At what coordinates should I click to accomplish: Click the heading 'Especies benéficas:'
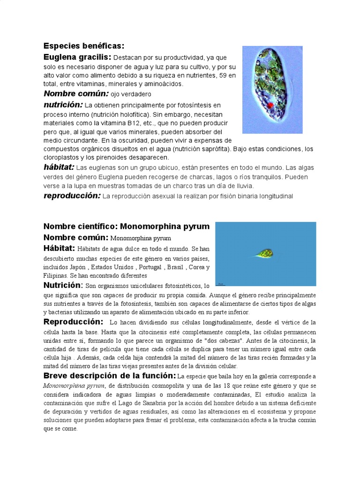pos(84,46)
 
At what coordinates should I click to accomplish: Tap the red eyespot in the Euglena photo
pos(270,105)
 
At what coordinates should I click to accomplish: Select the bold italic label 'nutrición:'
pos(63,105)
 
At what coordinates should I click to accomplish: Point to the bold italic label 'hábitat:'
pos(59,167)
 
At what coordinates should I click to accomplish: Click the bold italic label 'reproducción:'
pos(72,196)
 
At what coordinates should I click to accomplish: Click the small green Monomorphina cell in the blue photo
pos(264,254)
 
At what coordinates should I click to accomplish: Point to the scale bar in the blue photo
pos(221,284)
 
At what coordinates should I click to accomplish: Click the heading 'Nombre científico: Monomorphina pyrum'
pos(127,226)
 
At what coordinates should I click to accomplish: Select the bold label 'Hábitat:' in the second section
pos(59,248)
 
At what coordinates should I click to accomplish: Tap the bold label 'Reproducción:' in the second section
pos(73,322)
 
